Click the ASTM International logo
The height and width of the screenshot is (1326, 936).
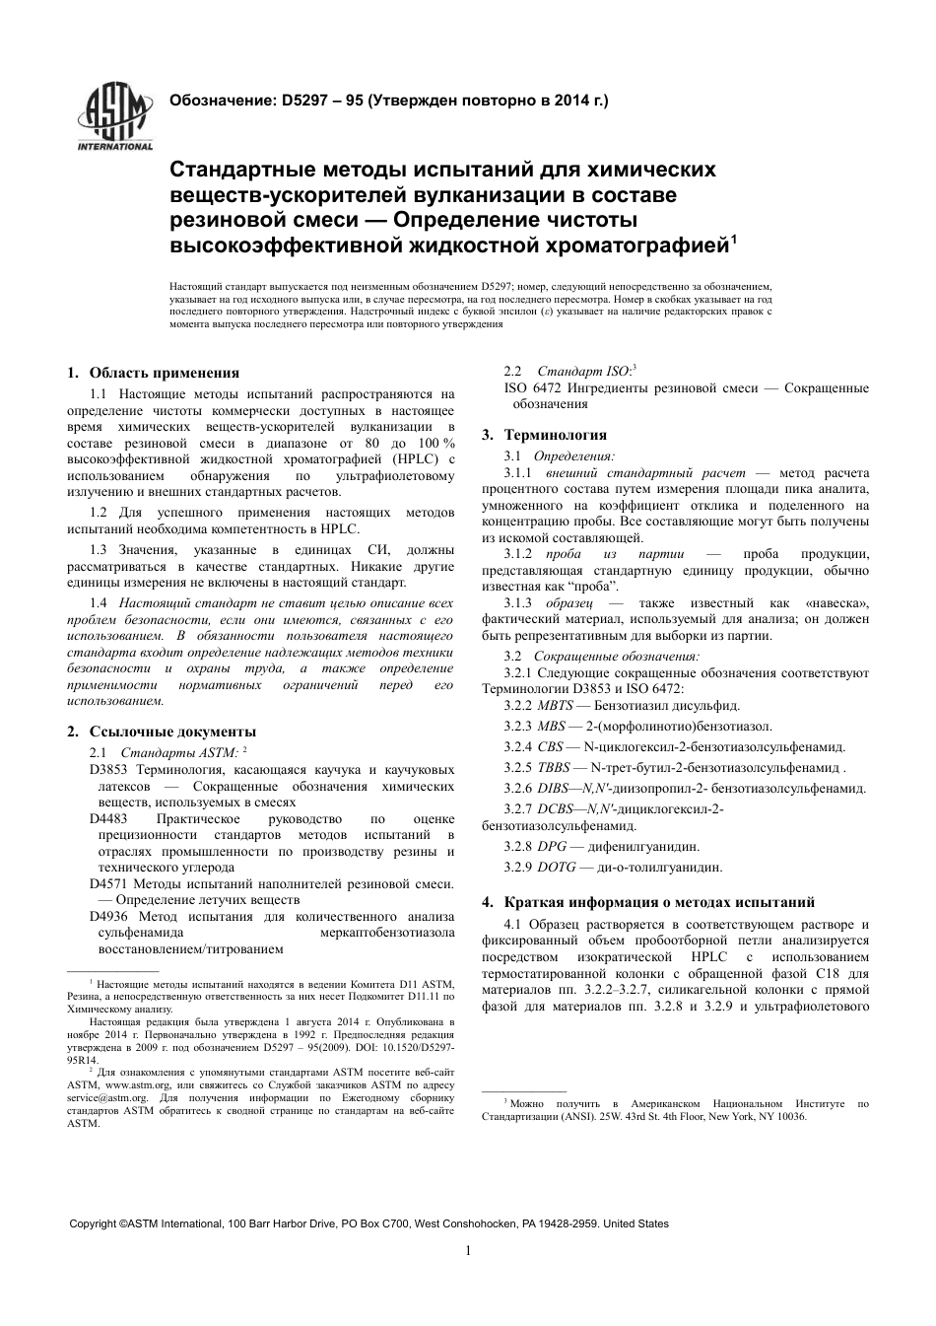point(115,118)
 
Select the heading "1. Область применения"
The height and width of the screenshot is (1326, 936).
point(153,373)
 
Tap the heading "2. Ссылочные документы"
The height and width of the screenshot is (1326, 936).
point(161,732)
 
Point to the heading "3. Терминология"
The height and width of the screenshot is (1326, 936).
point(544,435)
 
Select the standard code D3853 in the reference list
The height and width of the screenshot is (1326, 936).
point(108,769)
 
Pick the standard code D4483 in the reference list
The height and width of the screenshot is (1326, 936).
point(108,818)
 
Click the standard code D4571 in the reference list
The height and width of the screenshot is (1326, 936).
point(108,883)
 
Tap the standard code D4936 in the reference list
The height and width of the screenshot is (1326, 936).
point(108,916)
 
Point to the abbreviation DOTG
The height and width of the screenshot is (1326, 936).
point(557,868)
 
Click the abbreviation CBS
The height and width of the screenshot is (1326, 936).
point(551,746)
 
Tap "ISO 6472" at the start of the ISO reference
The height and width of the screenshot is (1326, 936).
point(530,388)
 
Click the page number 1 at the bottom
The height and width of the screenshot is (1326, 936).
point(468,1251)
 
